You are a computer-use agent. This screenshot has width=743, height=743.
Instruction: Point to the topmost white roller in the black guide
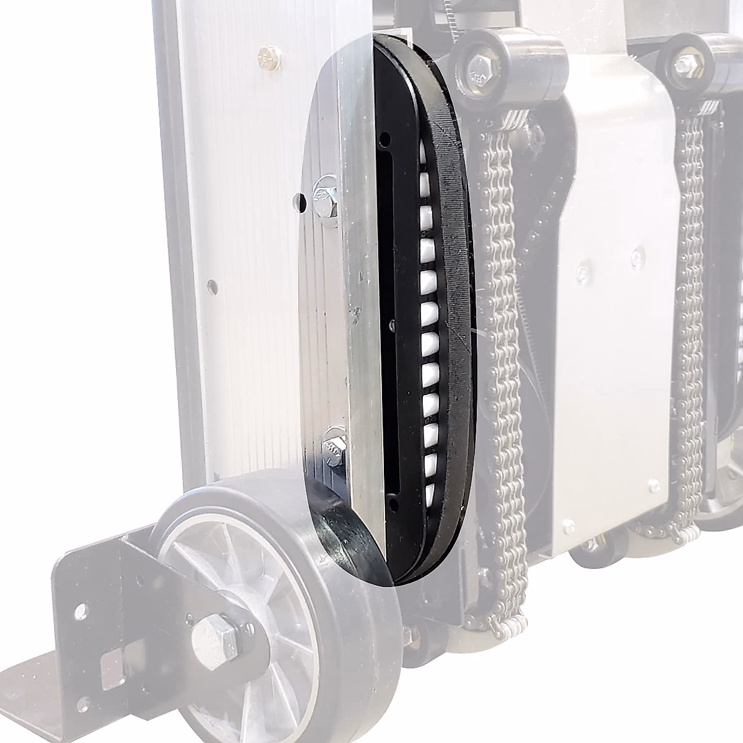click(x=424, y=149)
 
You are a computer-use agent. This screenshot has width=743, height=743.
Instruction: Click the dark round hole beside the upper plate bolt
click(x=300, y=201)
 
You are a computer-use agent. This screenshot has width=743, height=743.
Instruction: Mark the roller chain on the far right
click(x=692, y=310)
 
